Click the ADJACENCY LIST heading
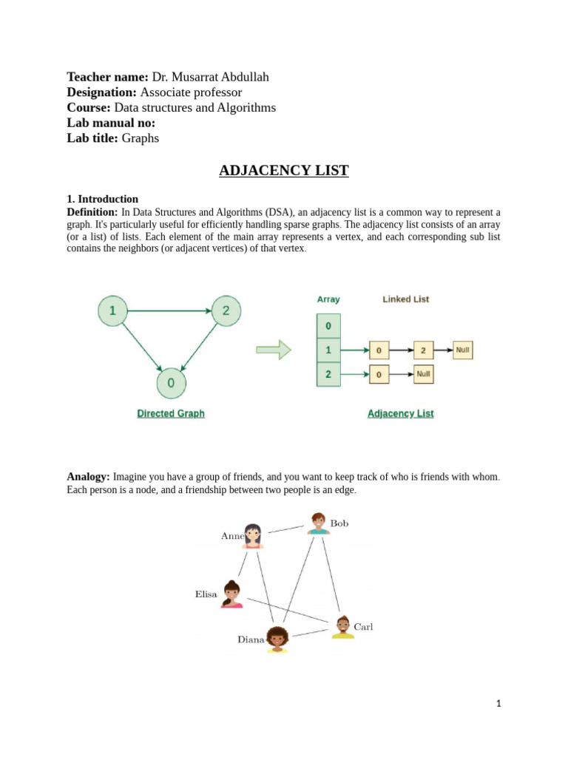click(x=283, y=171)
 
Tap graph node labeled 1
click(x=112, y=310)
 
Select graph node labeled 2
click(x=226, y=310)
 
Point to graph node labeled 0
click(x=171, y=383)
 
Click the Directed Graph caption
click(x=171, y=414)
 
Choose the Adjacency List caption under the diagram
click(x=400, y=414)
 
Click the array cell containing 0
click(x=328, y=325)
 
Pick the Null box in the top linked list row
click(x=463, y=350)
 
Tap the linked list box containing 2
click(x=422, y=350)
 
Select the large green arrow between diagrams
click(x=274, y=350)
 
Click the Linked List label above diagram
click(x=405, y=299)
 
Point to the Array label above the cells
click(x=328, y=299)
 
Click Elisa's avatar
click(x=231, y=594)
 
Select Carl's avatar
click(x=342, y=627)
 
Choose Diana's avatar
click(x=277, y=639)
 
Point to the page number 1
click(x=498, y=704)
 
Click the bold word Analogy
click(x=88, y=477)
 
